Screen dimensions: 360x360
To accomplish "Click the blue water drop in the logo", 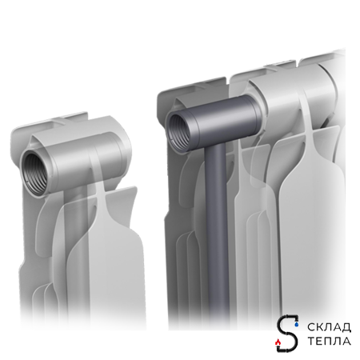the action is [296, 324].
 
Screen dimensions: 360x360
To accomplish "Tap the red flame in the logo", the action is [278, 341].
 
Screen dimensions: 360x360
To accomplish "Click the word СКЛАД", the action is [330, 327].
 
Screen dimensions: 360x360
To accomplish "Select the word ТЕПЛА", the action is [330, 341].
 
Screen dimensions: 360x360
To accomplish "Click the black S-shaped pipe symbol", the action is [287, 333].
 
